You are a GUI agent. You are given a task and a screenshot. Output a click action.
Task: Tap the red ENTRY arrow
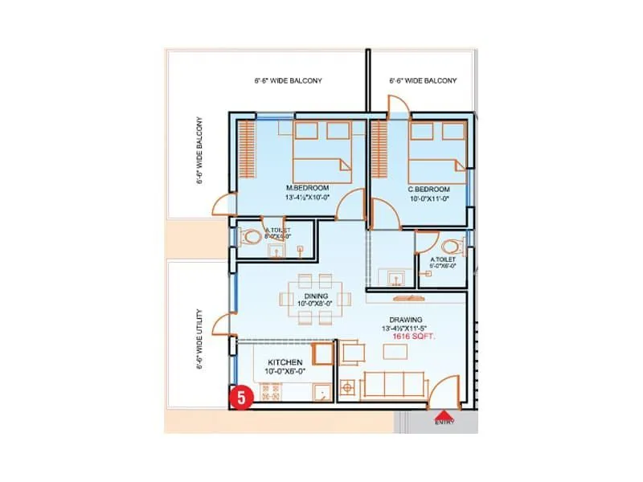pos(443,415)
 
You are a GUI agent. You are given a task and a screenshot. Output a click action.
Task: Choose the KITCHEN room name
pos(285,362)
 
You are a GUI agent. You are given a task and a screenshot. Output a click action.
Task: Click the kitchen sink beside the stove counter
pos(321,392)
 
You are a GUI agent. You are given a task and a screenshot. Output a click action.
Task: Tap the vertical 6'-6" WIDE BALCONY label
pos(198,153)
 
